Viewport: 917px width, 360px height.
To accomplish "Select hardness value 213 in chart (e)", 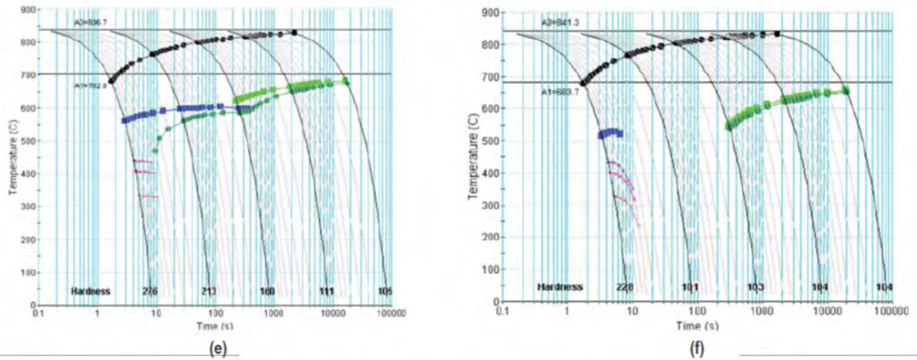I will (x=209, y=292).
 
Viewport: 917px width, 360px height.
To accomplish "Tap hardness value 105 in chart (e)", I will (x=385, y=292).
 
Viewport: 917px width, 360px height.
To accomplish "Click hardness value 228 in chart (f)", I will (x=624, y=287).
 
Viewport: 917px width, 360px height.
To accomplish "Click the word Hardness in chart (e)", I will (x=91, y=292).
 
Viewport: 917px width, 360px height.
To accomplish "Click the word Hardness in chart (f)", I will (x=561, y=287).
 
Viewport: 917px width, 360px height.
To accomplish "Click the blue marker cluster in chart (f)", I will (x=610, y=133).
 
